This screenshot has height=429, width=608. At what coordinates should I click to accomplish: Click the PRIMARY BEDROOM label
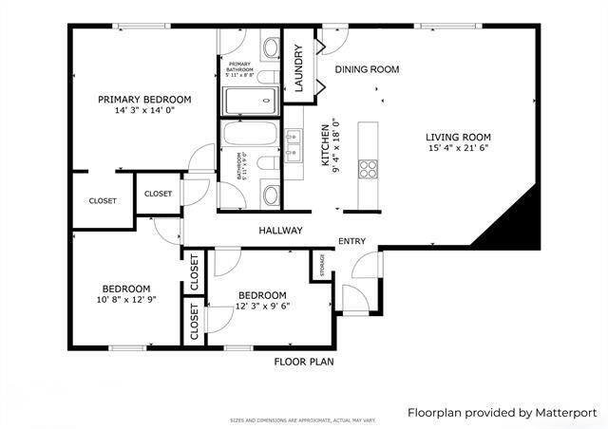pyautogui.click(x=144, y=99)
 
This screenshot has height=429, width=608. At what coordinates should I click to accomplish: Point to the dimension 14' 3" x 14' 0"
pyautogui.click(x=144, y=111)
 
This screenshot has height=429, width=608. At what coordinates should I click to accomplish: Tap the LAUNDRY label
pyautogui.click(x=297, y=69)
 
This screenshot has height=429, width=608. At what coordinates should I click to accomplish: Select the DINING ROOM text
pyautogui.click(x=367, y=69)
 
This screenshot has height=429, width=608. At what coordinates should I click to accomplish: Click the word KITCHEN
pyautogui.click(x=324, y=144)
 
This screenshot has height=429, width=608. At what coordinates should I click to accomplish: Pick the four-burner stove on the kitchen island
pyautogui.click(x=368, y=169)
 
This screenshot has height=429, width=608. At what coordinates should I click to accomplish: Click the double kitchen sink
pyautogui.click(x=293, y=141)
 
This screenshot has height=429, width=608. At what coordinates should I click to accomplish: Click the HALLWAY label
pyautogui.click(x=280, y=231)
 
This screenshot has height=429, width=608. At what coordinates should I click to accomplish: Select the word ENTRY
pyautogui.click(x=351, y=241)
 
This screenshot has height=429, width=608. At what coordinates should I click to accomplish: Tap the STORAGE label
pyautogui.click(x=322, y=266)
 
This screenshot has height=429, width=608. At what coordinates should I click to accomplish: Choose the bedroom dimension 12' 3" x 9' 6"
pyautogui.click(x=262, y=307)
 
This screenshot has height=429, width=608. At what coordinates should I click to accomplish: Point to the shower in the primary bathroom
pyautogui.click(x=248, y=98)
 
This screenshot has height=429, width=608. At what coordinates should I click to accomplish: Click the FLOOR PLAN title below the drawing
pyautogui.click(x=304, y=362)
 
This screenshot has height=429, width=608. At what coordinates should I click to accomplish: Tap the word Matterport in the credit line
pyautogui.click(x=564, y=413)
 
